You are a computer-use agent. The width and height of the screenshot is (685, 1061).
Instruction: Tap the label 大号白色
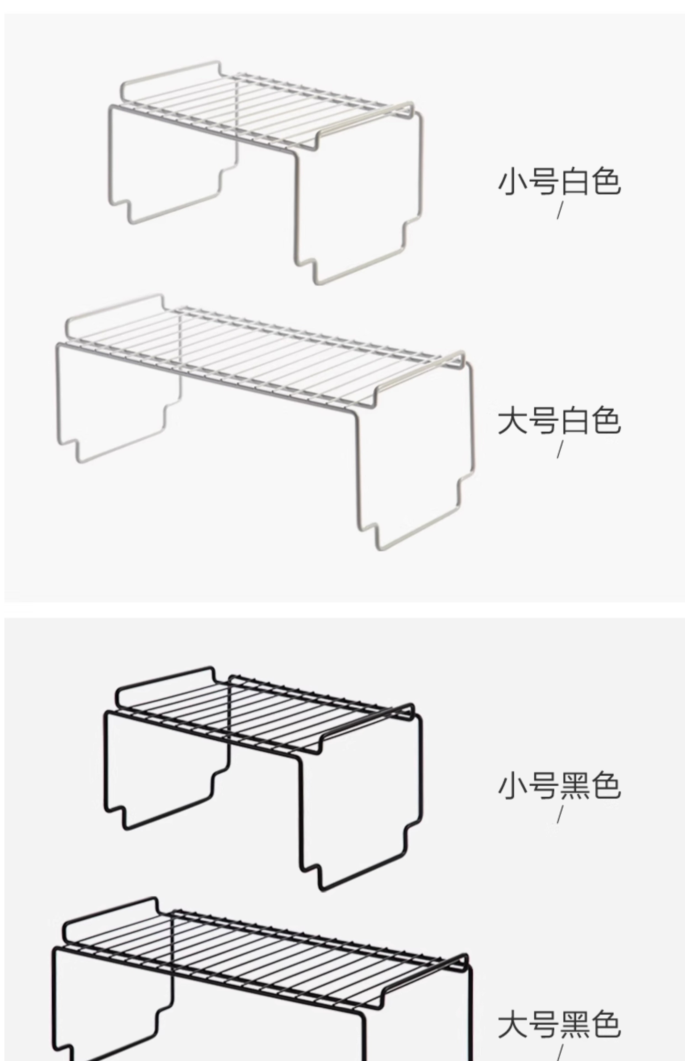pos(559,421)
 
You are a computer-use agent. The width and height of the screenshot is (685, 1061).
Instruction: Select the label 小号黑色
pos(559,786)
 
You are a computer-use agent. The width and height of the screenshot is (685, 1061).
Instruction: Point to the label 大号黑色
pos(559,1025)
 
